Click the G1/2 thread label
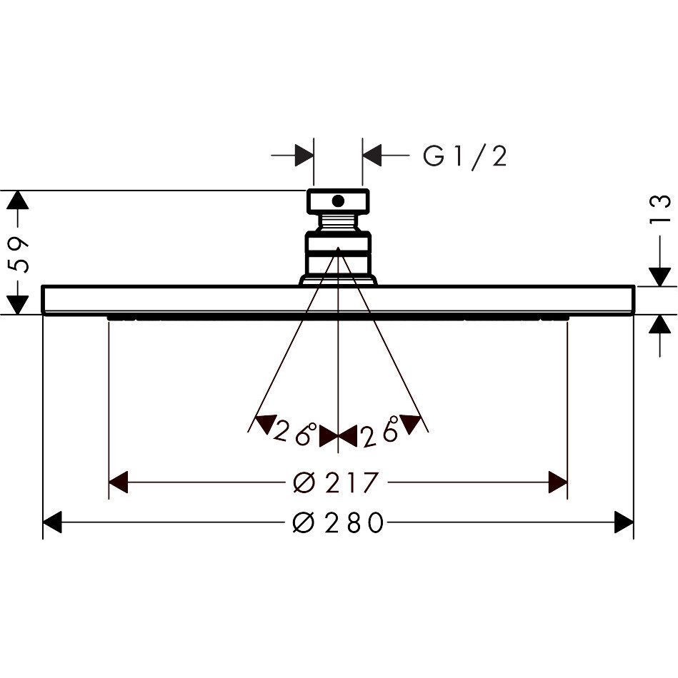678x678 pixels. coord(464,156)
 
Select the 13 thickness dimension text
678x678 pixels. coord(659,210)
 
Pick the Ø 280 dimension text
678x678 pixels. coord(338,522)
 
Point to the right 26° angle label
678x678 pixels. coord(380,431)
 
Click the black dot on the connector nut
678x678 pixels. coord(338,201)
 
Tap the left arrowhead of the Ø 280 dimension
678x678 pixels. coord(52,522)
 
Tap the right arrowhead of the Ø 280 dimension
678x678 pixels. coord(624,522)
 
